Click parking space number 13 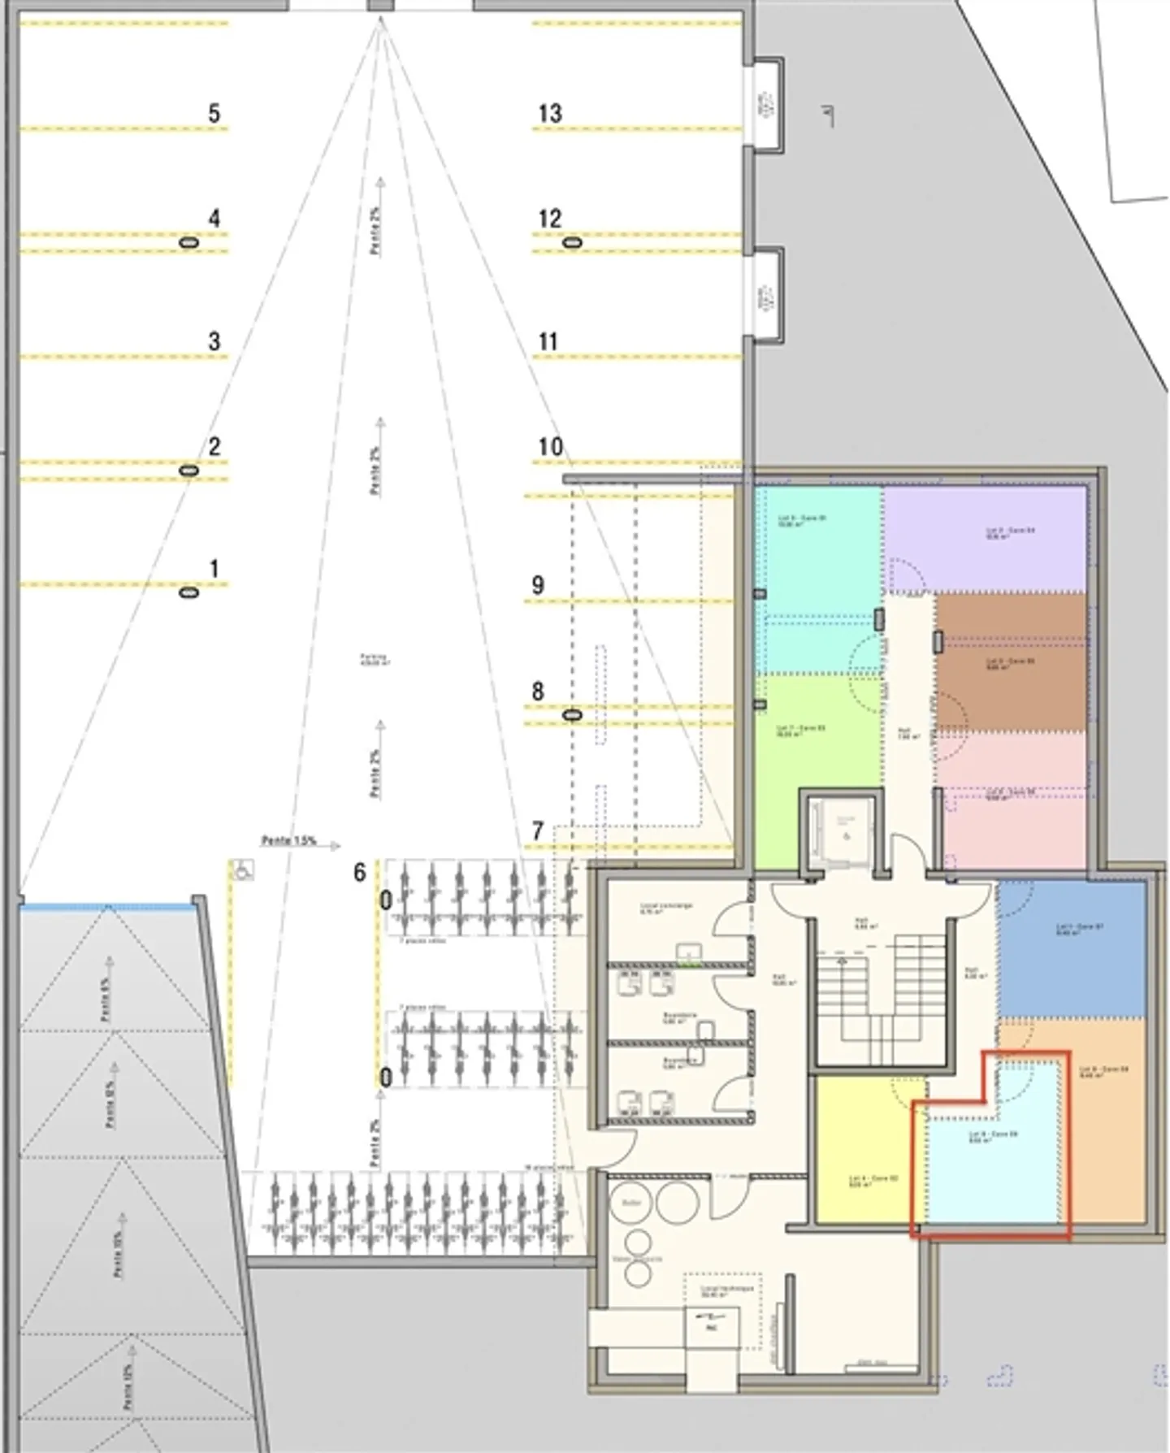pos(550,113)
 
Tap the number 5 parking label pos(214,113)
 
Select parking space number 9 pos(537,584)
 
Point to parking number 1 pos(214,568)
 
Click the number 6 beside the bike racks pos(360,872)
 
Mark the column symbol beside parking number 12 pos(573,242)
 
